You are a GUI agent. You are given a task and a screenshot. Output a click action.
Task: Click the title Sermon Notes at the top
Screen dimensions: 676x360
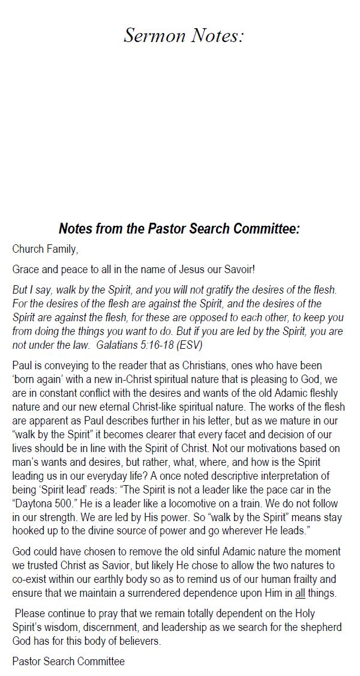184,36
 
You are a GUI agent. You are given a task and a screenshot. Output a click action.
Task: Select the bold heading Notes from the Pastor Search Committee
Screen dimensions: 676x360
179,229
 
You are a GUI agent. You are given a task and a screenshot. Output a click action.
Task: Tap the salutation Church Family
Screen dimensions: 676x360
45,249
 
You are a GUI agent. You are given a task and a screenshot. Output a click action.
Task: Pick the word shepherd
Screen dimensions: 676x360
320,627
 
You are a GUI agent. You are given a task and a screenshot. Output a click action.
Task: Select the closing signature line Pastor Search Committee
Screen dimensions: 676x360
68,661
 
